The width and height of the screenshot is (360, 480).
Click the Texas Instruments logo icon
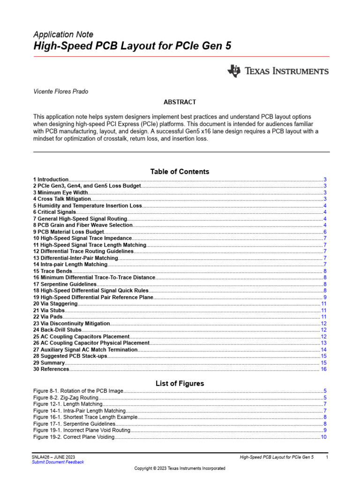tap(233, 71)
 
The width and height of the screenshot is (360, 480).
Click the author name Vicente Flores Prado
tap(61, 91)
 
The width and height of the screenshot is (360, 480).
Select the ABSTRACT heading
tap(180, 102)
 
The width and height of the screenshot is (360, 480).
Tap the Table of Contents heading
tap(180, 172)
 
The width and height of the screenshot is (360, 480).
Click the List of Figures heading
tap(180, 383)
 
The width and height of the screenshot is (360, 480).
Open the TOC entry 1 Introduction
tap(51, 180)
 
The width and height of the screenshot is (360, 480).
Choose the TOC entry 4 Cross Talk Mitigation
tap(62, 199)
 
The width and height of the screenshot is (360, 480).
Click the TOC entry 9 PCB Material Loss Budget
tap(68, 232)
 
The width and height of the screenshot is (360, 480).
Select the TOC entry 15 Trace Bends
tap(52, 271)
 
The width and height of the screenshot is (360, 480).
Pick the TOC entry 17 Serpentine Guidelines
tap(65, 285)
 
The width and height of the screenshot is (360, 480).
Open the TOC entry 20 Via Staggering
tap(55, 304)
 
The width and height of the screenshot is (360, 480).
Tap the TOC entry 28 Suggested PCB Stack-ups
tap(70, 357)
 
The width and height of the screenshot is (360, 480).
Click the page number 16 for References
tap(323, 370)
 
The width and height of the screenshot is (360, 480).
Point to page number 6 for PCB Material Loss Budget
tap(325, 232)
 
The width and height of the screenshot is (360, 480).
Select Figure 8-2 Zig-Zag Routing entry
tap(66, 398)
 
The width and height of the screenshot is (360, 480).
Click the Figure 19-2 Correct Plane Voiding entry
tap(74, 437)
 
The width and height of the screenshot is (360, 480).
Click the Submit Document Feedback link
tap(58, 462)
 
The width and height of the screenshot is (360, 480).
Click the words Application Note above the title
tap(63, 35)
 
